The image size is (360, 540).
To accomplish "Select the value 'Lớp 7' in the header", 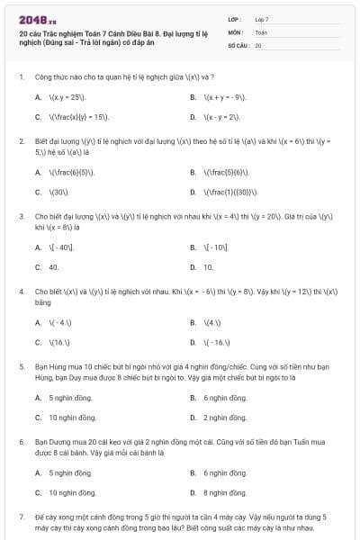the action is pos(262,19).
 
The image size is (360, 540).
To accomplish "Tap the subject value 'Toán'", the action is pos(261,31).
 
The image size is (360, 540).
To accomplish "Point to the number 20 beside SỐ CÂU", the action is pos(258,44).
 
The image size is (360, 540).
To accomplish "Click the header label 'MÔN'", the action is pos(236,31).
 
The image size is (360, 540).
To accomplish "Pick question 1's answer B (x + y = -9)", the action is pos(225,96).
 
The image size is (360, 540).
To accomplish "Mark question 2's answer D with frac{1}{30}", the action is pos(232,192).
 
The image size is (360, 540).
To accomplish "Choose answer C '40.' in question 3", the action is pos(54,267).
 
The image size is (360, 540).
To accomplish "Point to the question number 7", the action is pos(21,518).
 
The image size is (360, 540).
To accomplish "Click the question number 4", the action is pos(21,292).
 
